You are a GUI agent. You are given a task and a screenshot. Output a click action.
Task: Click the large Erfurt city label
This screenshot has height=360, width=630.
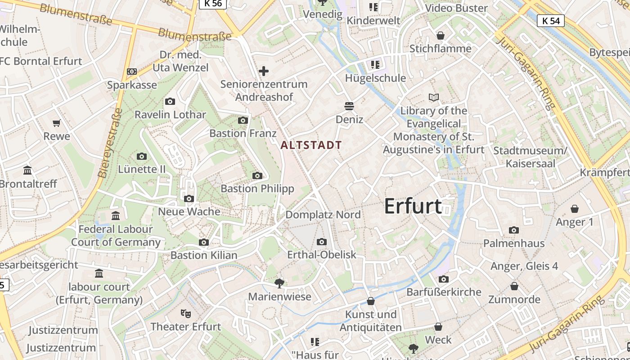(413, 206)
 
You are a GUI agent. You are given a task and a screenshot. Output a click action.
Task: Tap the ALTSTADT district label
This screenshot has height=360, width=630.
(311, 145)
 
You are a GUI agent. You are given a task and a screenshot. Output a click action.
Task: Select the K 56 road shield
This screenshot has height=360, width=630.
(212, 4)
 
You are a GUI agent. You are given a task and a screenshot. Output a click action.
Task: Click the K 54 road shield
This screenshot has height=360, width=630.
(551, 21)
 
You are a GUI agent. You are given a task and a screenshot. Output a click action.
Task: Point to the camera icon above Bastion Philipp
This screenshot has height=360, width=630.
(257, 175)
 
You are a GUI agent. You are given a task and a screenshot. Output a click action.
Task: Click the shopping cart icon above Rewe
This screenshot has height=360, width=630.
(57, 123)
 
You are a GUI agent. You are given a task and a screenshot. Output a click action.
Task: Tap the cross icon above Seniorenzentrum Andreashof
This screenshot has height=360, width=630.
(264, 71)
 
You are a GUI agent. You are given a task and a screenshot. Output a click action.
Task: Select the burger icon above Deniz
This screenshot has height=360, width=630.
(349, 106)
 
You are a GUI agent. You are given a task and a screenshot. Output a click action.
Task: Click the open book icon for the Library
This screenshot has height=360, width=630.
(434, 97)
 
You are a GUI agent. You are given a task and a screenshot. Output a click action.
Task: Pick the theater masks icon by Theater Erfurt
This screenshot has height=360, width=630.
(185, 313)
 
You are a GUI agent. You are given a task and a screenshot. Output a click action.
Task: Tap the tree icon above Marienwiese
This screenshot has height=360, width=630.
(279, 283)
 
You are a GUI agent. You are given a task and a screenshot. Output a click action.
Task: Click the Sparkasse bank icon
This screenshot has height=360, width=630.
(132, 72)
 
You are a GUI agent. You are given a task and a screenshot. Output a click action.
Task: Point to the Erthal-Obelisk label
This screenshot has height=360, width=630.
(322, 255)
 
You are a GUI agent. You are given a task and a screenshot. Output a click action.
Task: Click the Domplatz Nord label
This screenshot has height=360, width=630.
(323, 215)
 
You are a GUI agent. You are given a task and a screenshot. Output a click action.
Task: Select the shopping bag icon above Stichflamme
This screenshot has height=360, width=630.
(441, 35)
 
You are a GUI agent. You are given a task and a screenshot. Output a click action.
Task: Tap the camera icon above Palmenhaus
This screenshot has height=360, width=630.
(514, 230)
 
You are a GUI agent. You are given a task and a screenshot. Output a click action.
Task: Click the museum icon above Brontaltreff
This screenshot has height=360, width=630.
(28, 171)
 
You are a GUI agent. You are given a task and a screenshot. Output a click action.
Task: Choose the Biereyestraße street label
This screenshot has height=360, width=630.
(108, 143)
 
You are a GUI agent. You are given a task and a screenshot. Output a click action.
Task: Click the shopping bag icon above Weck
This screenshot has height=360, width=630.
(438, 327)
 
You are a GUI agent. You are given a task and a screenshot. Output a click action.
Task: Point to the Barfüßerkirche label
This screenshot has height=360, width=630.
(444, 292)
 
